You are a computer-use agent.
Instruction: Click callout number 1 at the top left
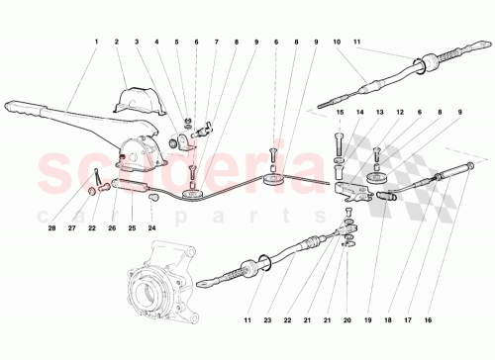click(96, 42)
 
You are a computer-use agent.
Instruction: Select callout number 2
click(117, 42)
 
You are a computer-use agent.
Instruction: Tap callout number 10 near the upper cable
click(337, 42)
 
